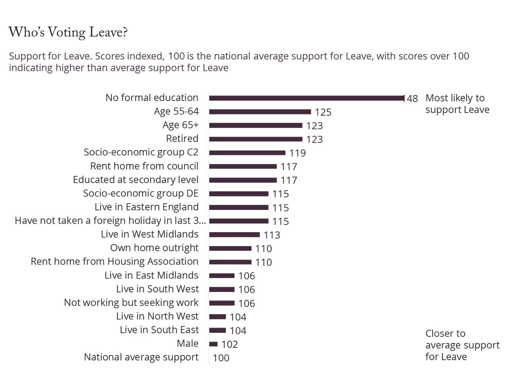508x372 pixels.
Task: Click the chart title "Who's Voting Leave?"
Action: point(68,33)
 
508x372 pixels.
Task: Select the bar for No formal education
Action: point(306,98)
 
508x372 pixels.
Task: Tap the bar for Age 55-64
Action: point(260,112)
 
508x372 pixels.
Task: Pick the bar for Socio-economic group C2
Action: point(248,153)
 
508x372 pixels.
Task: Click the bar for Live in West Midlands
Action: point(235,235)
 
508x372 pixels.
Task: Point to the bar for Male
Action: point(214,344)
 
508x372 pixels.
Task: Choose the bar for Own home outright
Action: point(231,248)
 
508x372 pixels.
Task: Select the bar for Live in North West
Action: point(218,317)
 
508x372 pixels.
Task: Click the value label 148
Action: point(411,98)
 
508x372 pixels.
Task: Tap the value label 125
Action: point(322,112)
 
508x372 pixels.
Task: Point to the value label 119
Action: point(297,153)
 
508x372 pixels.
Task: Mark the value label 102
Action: point(229,344)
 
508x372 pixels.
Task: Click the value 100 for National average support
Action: point(221,358)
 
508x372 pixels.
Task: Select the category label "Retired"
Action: point(182,139)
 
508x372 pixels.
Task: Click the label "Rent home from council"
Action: point(144,166)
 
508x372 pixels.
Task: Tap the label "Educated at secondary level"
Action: point(136,180)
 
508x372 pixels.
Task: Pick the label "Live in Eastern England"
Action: point(146,207)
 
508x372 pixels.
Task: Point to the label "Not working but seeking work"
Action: point(131,303)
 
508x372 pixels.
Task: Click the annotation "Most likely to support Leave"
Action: point(457,104)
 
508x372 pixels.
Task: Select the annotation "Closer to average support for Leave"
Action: point(462,345)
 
